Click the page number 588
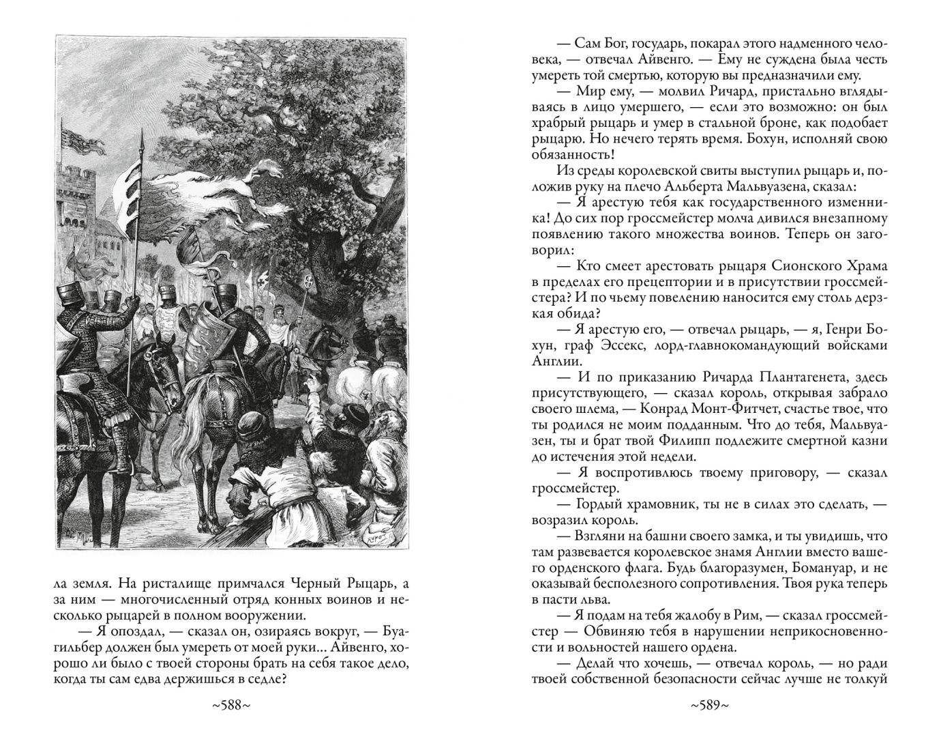(x=231, y=706)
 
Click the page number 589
(x=710, y=706)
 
